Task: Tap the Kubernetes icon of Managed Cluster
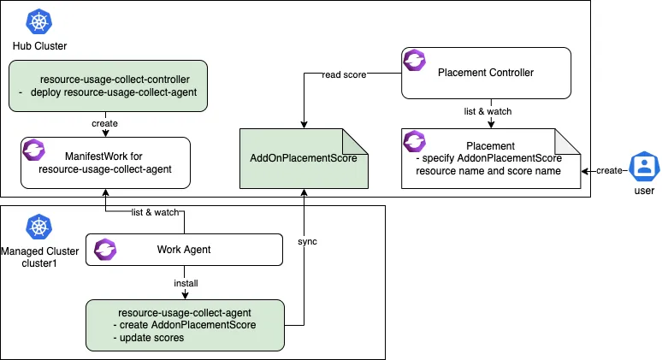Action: (x=37, y=227)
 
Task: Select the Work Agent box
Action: (x=183, y=250)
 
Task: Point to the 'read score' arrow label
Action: (x=343, y=74)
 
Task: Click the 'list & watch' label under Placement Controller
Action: (x=489, y=112)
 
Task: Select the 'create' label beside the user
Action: (x=610, y=170)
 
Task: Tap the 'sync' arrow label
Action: (x=307, y=242)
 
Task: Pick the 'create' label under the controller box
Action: (x=104, y=123)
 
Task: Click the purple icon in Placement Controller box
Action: (x=416, y=61)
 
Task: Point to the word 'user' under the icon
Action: (x=643, y=191)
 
